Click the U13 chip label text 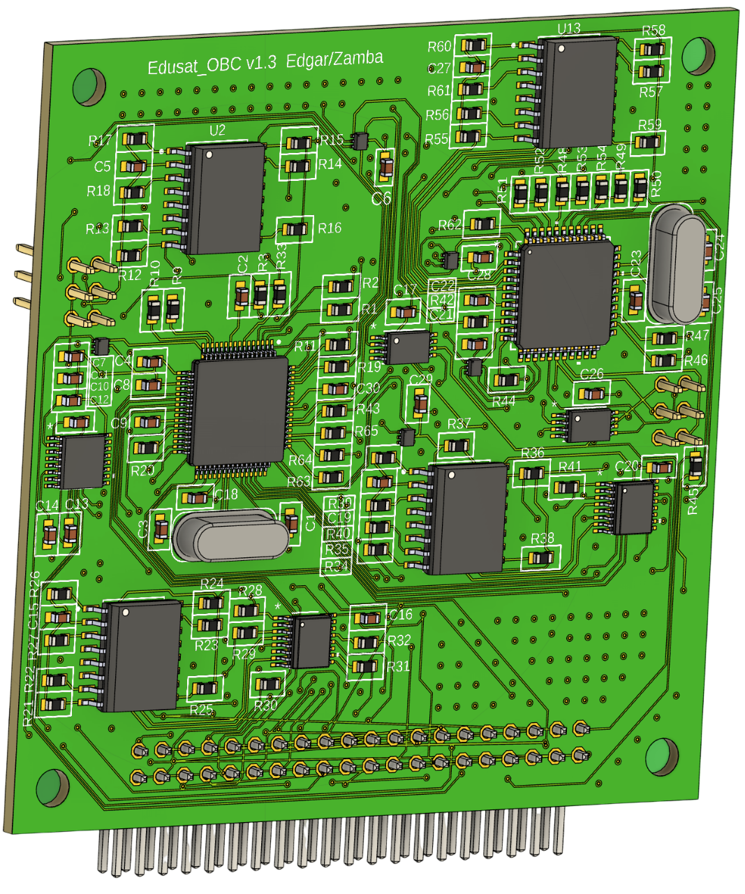point(569,29)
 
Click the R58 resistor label point(654,31)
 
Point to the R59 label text point(650,125)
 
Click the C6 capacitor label point(381,198)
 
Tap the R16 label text point(330,228)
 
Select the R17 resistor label point(100,140)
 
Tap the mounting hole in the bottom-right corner point(661,756)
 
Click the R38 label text point(543,538)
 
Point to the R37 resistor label point(459,424)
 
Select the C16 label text point(401,615)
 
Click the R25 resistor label point(201,710)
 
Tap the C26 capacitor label point(592,374)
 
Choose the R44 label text point(503,402)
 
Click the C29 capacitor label point(421,379)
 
